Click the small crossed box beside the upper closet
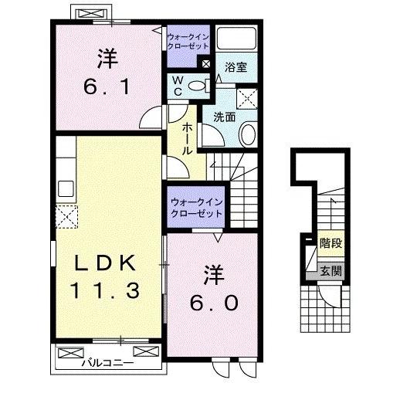pos(205,65)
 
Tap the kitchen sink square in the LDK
pos(64,188)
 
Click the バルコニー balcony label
pos(108,361)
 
